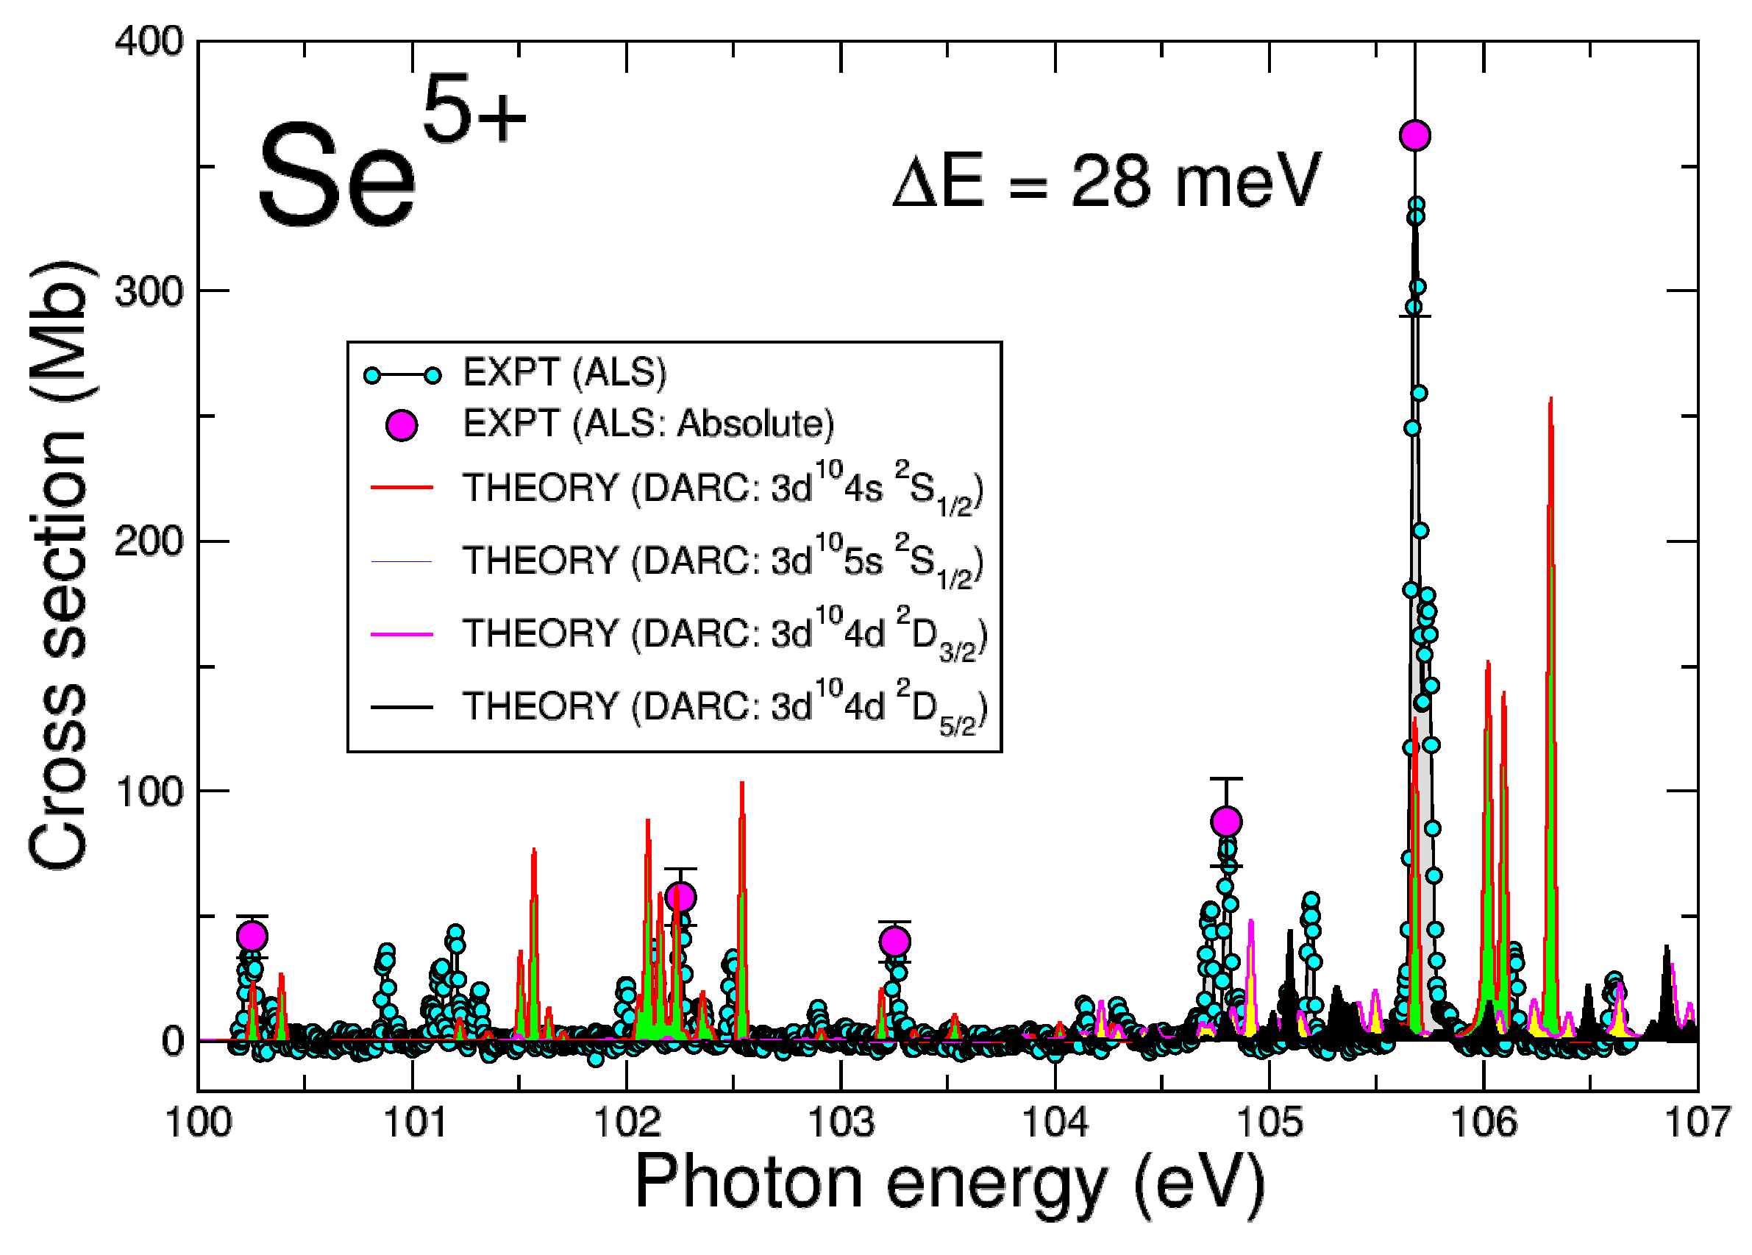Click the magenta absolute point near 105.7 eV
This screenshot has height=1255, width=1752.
pyautogui.click(x=1414, y=136)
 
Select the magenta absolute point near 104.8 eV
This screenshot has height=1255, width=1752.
pyautogui.click(x=1226, y=822)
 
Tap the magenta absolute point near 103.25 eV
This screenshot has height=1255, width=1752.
pyautogui.click(x=894, y=942)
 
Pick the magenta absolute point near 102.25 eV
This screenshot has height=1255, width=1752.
pyautogui.click(x=680, y=897)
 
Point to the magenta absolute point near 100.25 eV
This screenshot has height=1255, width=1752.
pyautogui.click(x=252, y=936)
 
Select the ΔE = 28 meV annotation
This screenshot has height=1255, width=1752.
pyautogui.click(x=1106, y=182)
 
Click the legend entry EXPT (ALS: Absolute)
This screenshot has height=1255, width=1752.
pyautogui.click(x=647, y=424)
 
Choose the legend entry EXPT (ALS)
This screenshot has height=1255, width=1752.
pyautogui.click(x=564, y=373)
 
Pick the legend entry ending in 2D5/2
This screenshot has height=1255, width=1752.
pyautogui.click(x=723, y=706)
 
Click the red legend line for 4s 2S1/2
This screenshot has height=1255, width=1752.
pyautogui.click(x=402, y=487)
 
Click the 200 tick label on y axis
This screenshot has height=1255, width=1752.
pyautogui.click(x=149, y=541)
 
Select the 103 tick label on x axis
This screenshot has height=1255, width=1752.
pyautogui.click(x=841, y=1123)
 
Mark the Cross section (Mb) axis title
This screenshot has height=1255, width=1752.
pyautogui.click(x=60, y=564)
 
